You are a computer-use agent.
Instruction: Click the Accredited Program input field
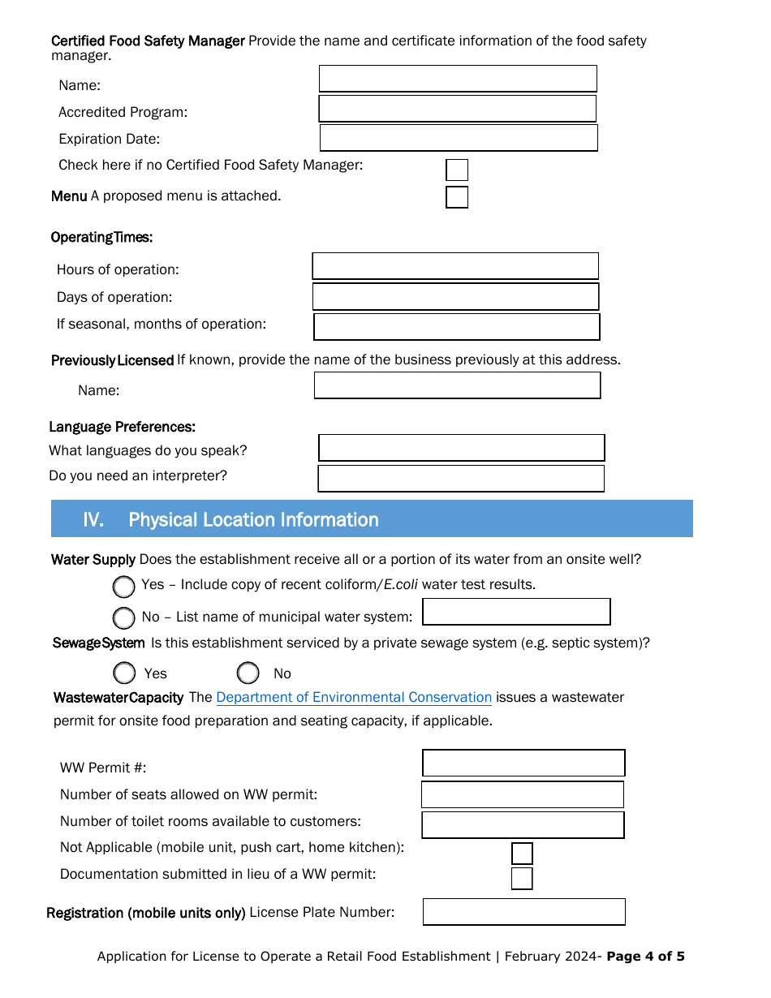pos(457,109)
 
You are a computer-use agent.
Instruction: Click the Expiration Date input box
pos(459,138)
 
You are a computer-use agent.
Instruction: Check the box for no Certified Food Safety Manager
pos(457,170)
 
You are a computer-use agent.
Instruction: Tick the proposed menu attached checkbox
pos(457,197)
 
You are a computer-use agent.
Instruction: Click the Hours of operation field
pos(455,266)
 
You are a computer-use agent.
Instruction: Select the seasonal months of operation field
pos(456,327)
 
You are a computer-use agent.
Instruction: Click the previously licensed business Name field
pos(457,385)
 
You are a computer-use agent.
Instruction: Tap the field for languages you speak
pos(461,448)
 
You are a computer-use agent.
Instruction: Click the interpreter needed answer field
pos(460,479)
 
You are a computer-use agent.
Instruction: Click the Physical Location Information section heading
pos(253,519)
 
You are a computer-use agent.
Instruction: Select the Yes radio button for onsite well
pos(124,587)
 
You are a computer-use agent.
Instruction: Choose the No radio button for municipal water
pos(124,618)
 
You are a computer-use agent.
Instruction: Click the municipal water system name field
pos(516,612)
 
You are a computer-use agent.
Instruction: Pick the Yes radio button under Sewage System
pos(124,673)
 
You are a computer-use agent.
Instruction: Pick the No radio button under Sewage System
pos(248,673)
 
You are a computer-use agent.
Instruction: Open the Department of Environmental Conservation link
pos(354,698)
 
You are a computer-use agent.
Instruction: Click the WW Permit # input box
pos(523,764)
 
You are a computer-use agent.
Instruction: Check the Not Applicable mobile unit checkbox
pos(522,854)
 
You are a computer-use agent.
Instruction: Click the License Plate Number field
pos(523,912)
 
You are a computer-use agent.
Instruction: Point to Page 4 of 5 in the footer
pos(645,957)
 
